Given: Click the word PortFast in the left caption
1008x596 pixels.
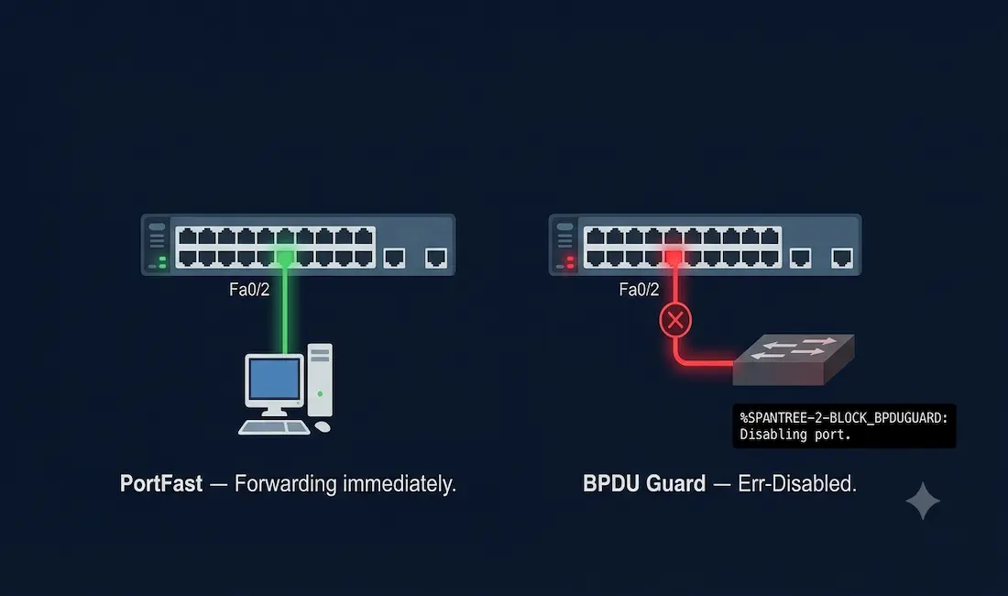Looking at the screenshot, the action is (160, 483).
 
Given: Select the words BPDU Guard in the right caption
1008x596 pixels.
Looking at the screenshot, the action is (644, 483).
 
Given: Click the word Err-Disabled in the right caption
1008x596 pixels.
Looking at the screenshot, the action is (797, 483).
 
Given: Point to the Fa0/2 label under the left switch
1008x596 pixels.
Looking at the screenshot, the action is (249, 290).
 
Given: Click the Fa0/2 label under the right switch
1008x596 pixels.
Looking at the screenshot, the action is (639, 290).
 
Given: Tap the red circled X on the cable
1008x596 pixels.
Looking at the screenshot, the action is (675, 319).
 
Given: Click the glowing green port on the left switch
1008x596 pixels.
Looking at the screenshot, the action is (285, 258).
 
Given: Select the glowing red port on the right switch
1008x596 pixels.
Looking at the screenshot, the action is (674, 258).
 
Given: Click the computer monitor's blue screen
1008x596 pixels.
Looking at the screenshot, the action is (275, 380).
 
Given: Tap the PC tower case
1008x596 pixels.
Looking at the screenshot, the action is (320, 380).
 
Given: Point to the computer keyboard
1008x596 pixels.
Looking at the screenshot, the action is (274, 427).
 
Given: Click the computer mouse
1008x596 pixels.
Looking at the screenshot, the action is (323, 426).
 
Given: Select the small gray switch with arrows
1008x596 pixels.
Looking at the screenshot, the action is (794, 359).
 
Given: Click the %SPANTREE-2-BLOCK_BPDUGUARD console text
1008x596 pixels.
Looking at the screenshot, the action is (843, 418).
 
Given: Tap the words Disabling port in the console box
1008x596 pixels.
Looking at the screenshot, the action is (795, 435).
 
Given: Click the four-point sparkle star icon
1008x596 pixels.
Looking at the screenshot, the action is (923, 501).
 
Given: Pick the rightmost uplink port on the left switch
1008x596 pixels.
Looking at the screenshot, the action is (436, 258).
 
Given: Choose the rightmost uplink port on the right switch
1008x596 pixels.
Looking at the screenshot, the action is (842, 258).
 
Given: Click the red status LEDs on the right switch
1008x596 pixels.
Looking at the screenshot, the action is (570, 261).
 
